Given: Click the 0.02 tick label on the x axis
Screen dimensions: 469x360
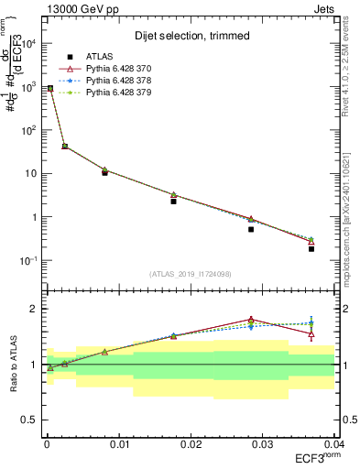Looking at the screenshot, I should tap(189, 442).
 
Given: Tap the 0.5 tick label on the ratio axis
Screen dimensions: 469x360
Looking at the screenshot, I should tap(30, 420).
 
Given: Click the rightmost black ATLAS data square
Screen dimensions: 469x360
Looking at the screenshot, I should tap(311, 248).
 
